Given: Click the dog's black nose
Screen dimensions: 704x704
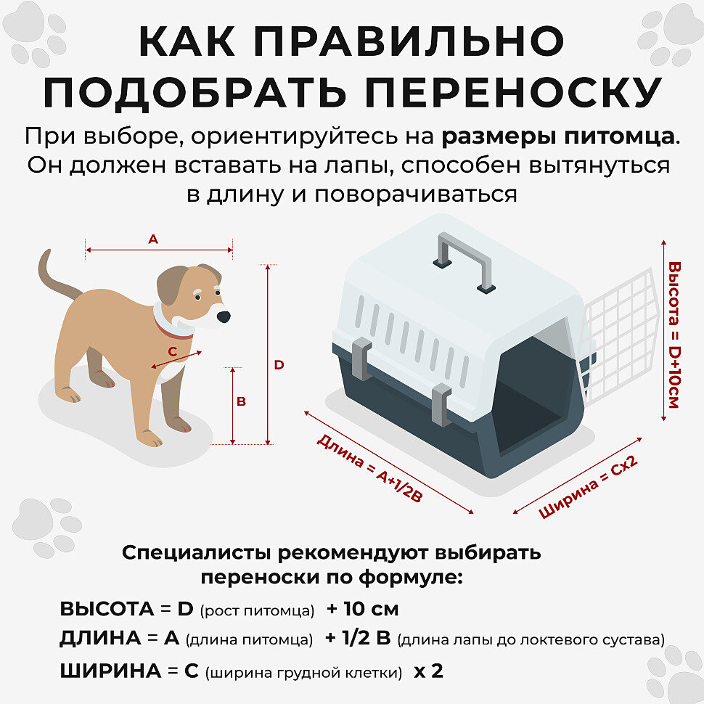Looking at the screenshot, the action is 223,316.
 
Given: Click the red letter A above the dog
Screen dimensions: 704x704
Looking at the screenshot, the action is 153,240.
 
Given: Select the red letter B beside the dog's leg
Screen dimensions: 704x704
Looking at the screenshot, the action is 241,401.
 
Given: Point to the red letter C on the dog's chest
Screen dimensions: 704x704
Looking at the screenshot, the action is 173,351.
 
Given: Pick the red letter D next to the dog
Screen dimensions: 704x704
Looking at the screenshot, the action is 279,365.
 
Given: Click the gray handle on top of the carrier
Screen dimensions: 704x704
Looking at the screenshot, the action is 464,261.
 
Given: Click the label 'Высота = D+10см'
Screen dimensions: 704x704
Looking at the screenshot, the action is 674,335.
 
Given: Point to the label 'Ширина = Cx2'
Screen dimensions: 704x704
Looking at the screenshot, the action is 588,487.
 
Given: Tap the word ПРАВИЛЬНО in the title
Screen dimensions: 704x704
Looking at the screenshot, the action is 409,41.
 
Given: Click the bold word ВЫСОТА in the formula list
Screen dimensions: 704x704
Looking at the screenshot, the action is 107,609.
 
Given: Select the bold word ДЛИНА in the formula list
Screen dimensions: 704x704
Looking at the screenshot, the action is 101,638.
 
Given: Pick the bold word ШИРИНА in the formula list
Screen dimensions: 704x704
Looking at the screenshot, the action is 111,671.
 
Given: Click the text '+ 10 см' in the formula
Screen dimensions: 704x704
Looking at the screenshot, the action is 363,609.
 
